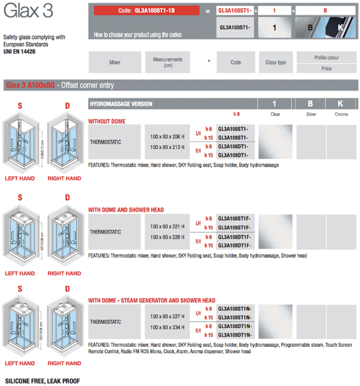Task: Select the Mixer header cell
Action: [115, 62]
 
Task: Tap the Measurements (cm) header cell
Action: [168, 62]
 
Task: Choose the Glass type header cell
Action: [276, 62]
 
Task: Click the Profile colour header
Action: [327, 58]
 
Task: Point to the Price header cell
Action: [327, 68]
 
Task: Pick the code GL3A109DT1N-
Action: [236, 335]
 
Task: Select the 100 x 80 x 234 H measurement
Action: [167, 327]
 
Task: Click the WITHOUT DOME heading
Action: [106, 121]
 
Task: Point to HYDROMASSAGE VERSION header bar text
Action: [121, 104]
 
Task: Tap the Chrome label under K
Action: [341, 114]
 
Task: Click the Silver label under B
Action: [311, 114]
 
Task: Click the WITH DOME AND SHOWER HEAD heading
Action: [126, 210]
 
